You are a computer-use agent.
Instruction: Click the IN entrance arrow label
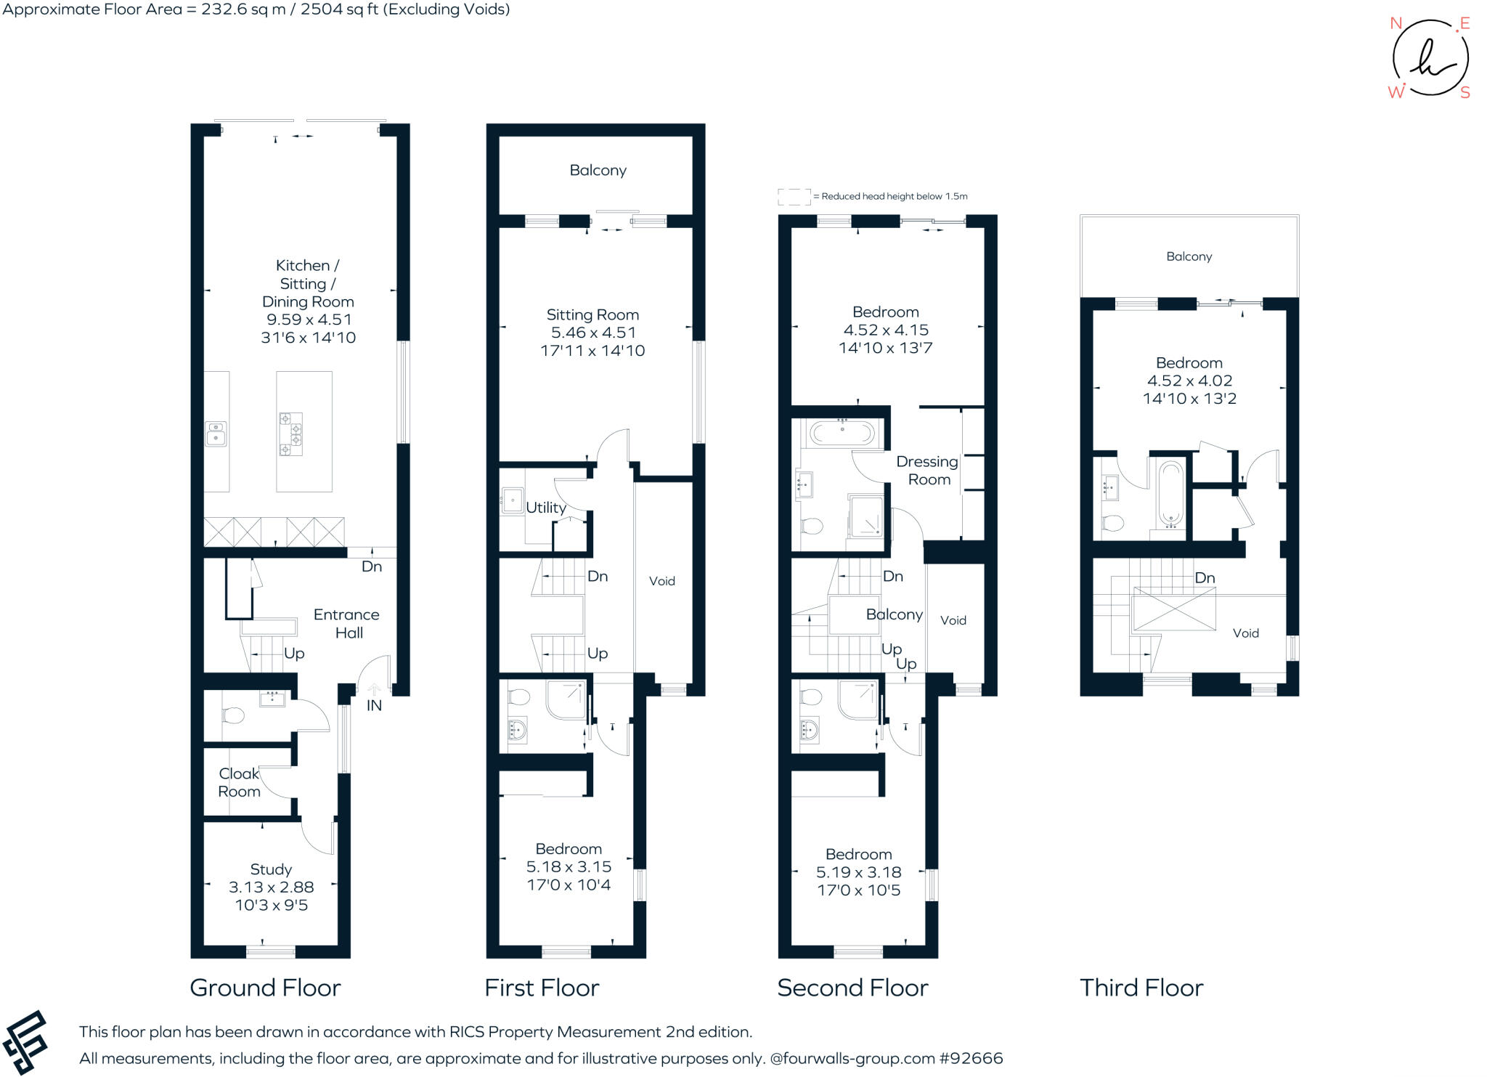(374, 705)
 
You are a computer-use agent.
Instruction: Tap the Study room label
(271, 869)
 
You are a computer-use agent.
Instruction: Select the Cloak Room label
(239, 782)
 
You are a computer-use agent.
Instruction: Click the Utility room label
(545, 508)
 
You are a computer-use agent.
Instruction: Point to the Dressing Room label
(928, 470)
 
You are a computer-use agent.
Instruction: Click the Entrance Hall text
(346, 623)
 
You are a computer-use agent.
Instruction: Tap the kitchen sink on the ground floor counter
(216, 434)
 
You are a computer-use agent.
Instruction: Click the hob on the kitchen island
(291, 434)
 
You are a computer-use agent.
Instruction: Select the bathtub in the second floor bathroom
(842, 434)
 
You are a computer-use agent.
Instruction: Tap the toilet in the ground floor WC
(232, 716)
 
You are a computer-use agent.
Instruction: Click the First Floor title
(542, 988)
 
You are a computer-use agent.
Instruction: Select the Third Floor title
(1141, 988)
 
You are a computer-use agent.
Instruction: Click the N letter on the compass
(1396, 23)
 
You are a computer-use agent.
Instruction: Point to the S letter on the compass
(1464, 93)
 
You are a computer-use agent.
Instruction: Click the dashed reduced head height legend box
(794, 197)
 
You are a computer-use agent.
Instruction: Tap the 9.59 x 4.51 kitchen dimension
(309, 320)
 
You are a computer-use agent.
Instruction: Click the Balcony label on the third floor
(1189, 256)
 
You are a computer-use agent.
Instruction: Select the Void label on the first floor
(661, 581)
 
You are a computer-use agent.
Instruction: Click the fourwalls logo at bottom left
(26, 1041)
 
